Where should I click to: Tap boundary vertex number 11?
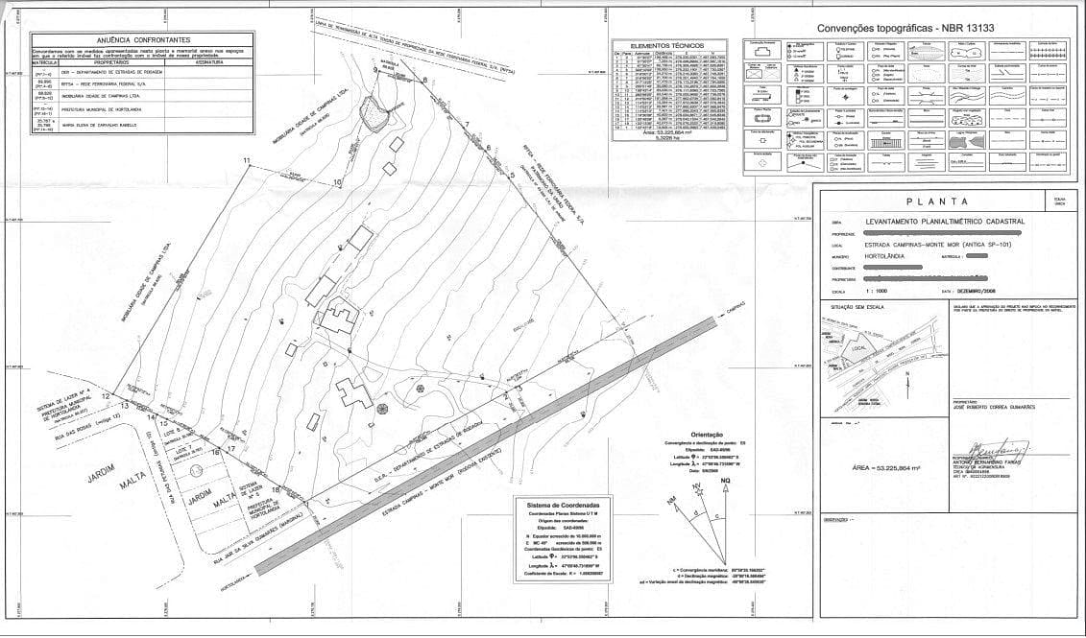(x=247, y=159)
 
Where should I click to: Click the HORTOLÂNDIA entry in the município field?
(x=887, y=257)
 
